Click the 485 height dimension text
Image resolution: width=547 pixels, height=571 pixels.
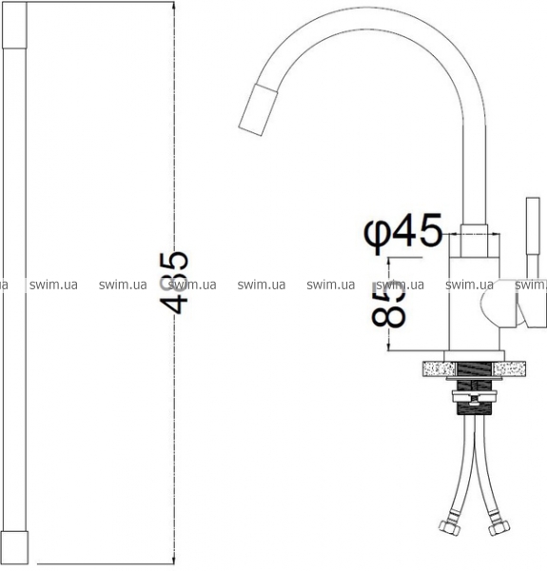coord(174,283)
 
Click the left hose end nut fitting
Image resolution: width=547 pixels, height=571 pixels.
coord(447,525)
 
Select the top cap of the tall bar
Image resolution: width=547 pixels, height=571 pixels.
coord(14,25)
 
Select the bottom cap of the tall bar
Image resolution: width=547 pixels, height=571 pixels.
coord(14,547)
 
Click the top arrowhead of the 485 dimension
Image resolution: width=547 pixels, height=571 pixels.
coord(174,8)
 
